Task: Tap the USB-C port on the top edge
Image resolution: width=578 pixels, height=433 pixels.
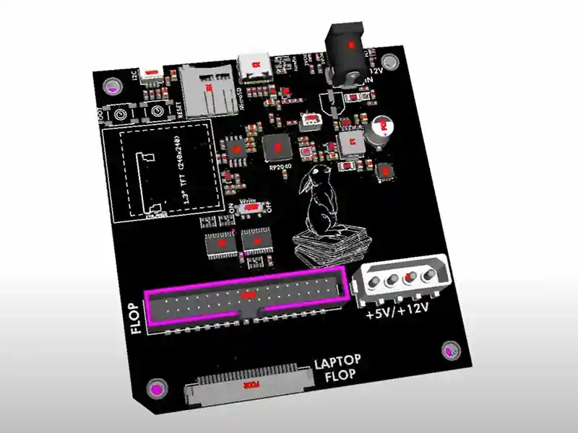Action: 254,66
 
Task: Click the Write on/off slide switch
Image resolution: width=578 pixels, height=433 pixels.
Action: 251,208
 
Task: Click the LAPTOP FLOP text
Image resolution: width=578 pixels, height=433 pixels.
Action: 337,368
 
